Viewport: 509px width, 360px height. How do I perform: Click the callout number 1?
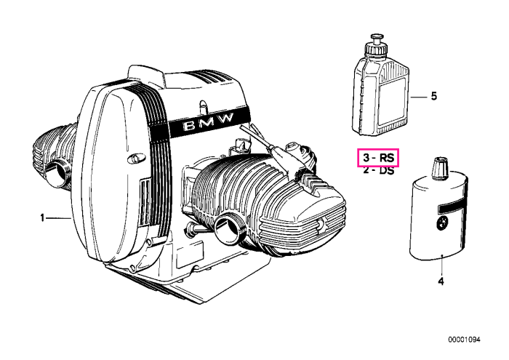[42, 217]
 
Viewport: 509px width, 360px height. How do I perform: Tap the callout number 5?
[434, 96]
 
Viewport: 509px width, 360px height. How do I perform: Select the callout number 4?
[441, 281]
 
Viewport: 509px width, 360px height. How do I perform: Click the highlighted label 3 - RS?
[378, 158]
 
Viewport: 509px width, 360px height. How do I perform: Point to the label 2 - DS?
[378, 170]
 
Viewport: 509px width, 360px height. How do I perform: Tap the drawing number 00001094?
[464, 340]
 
